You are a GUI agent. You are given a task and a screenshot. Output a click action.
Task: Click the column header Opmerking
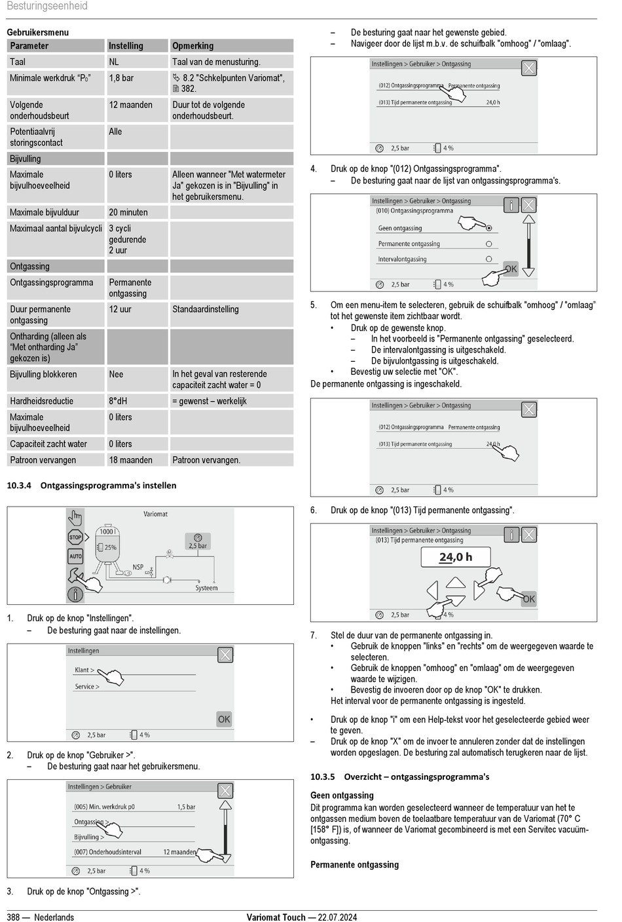[192, 46]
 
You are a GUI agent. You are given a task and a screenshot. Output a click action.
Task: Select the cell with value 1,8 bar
[121, 78]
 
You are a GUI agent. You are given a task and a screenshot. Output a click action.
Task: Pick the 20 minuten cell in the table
[128, 212]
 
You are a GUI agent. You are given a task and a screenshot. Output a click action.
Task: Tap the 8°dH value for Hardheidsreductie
[118, 401]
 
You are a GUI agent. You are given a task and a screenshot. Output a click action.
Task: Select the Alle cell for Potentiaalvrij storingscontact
[115, 132]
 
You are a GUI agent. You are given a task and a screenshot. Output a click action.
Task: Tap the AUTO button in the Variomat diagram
[76, 556]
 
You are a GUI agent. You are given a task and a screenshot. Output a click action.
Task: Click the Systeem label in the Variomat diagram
[206, 588]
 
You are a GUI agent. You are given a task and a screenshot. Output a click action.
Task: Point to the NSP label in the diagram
[137, 567]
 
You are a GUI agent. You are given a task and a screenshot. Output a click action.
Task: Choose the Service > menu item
[87, 687]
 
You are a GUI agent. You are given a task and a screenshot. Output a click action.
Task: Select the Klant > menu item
[84, 670]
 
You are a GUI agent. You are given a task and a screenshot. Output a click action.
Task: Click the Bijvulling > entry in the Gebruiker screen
[89, 837]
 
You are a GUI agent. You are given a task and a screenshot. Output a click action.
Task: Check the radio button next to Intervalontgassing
[488, 259]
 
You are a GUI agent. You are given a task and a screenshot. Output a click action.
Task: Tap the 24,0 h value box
[456, 557]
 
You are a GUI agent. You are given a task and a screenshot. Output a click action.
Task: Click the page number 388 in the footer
[14, 917]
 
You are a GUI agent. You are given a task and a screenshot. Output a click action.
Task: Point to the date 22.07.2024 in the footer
[337, 917]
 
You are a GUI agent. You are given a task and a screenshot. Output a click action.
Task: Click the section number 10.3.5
[322, 777]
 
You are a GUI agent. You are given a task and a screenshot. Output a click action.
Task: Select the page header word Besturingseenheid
[46, 7]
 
